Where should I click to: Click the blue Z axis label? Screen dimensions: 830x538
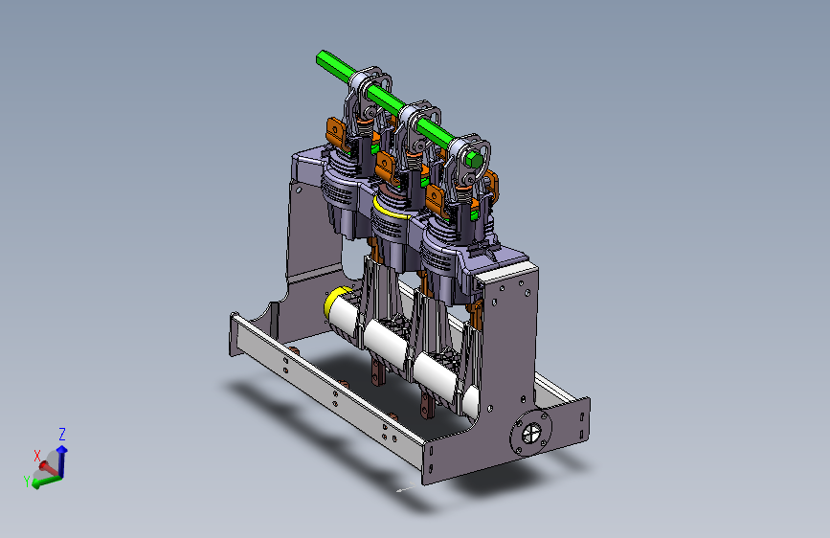[62, 435]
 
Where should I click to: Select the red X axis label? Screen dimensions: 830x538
[37, 456]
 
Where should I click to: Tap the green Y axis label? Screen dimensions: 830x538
[27, 481]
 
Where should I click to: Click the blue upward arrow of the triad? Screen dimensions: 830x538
[62, 460]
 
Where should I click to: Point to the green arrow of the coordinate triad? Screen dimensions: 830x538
[47, 481]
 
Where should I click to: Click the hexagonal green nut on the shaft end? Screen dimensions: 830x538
[474, 159]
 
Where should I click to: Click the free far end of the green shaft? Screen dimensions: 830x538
[322, 56]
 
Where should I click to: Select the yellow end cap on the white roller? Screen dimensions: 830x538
[335, 301]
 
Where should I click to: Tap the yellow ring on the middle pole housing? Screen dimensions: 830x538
[391, 209]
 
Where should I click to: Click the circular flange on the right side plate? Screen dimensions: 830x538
[531, 434]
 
